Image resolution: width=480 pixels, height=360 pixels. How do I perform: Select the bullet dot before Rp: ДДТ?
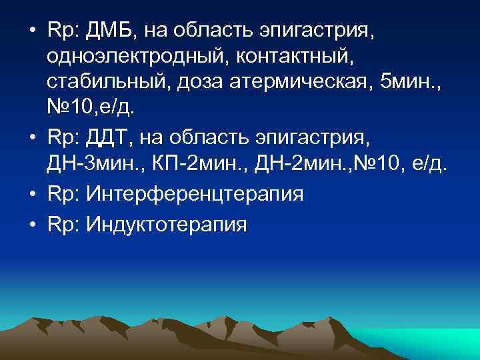pos(32,139)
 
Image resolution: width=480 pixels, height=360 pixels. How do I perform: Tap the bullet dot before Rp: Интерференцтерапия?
pos(32,195)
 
